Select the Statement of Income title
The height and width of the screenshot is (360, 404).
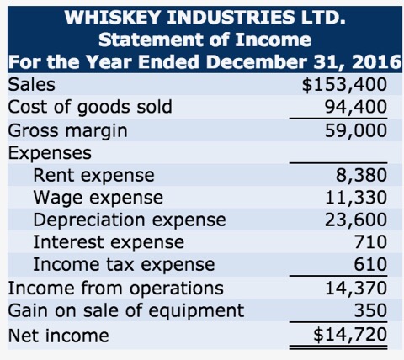click(205, 39)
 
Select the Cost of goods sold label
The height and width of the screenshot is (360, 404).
click(90, 107)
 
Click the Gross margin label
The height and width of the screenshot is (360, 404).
click(68, 130)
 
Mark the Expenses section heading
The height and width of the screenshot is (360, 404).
click(50, 153)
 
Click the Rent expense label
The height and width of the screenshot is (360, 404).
click(93, 175)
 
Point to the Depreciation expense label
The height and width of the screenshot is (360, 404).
click(129, 220)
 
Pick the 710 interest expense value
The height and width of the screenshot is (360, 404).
click(370, 242)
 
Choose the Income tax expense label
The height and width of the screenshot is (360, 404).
click(124, 264)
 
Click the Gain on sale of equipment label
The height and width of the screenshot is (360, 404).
click(125, 310)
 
